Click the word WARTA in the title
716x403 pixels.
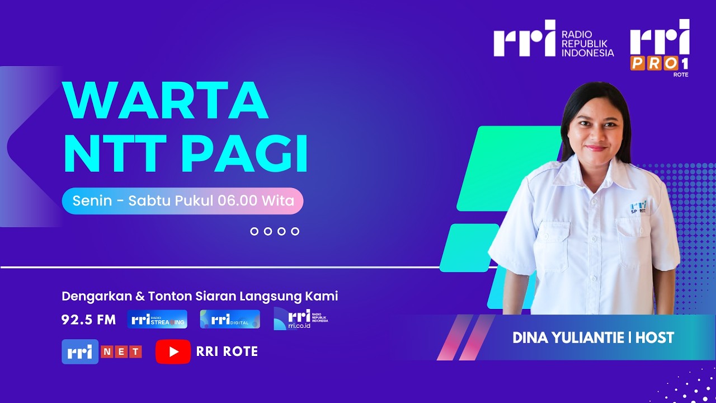click(x=166, y=101)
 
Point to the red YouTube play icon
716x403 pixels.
click(x=173, y=352)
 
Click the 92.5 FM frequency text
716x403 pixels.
click(x=88, y=320)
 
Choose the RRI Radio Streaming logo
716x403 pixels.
click(x=157, y=319)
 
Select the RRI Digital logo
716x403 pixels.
click(x=230, y=319)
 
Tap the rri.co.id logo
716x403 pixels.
click(x=300, y=318)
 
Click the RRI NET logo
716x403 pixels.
click(x=101, y=352)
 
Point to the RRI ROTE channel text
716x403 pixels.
click(x=227, y=352)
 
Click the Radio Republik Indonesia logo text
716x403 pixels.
click(x=587, y=44)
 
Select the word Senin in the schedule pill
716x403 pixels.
click(x=92, y=201)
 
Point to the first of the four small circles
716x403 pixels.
click(x=255, y=231)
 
